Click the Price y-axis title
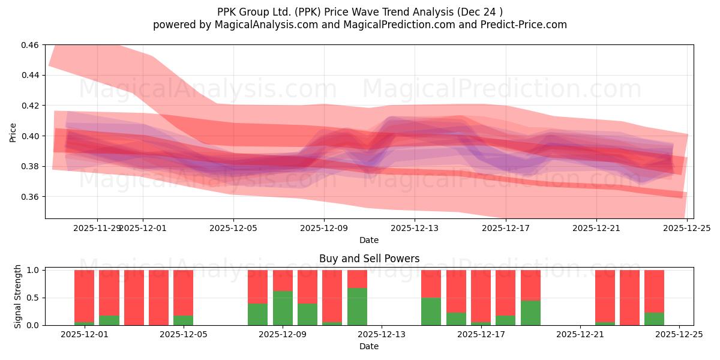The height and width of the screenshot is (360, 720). (x=13, y=132)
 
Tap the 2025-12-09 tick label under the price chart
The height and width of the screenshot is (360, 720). (x=324, y=228)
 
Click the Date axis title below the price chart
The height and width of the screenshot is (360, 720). (x=368, y=240)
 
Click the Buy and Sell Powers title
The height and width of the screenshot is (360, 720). (x=368, y=259)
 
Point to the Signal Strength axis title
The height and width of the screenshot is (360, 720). (x=18, y=296)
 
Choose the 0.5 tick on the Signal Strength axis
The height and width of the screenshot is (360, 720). (x=34, y=298)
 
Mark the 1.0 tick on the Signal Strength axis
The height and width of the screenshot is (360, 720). (x=34, y=270)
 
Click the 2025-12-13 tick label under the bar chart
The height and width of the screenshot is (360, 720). (x=382, y=334)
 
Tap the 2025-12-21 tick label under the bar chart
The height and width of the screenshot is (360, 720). (x=580, y=334)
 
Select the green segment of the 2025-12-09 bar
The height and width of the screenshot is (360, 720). (x=283, y=308)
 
